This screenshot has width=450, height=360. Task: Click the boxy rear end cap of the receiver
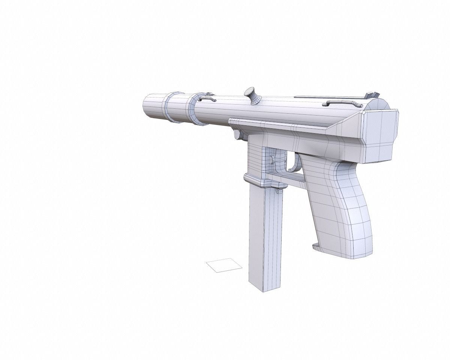coord(381,136)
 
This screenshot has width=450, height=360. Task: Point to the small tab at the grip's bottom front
coord(316,247)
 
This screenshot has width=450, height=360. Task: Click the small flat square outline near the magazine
coord(224,265)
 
